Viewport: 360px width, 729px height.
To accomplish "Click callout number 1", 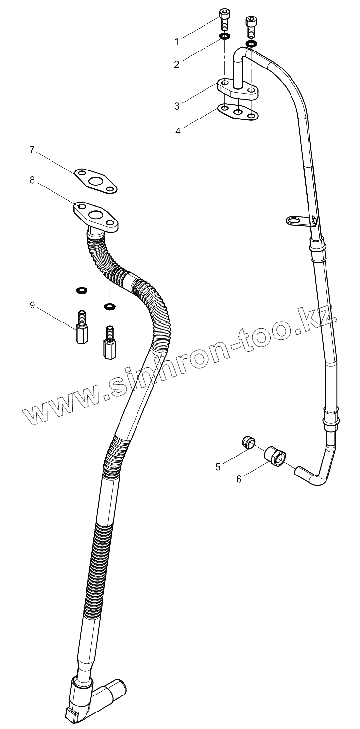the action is (x=177, y=42).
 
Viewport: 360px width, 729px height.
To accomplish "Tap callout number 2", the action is (x=177, y=64).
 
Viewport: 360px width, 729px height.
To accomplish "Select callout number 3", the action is (x=177, y=106).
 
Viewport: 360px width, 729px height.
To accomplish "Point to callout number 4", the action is (x=178, y=131).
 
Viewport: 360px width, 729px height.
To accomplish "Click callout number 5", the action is (x=218, y=467).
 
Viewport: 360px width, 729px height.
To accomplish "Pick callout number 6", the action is (x=239, y=479).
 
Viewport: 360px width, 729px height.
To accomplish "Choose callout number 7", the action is (x=32, y=150).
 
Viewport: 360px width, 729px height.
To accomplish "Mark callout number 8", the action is (x=32, y=180).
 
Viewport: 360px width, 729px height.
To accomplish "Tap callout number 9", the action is (x=32, y=305).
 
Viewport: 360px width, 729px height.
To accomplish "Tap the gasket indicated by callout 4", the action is (x=238, y=111).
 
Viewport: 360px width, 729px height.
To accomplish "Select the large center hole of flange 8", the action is (x=96, y=214).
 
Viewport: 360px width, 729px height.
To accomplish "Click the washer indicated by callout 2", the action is (x=224, y=36).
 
